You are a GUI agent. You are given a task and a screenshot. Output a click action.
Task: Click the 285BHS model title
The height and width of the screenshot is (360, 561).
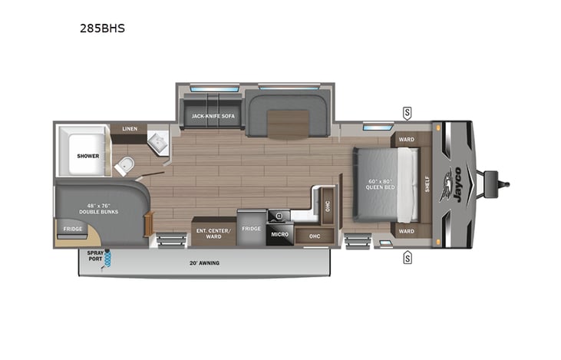[x=102, y=29]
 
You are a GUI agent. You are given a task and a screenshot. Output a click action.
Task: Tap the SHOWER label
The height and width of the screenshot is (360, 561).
[x=87, y=156]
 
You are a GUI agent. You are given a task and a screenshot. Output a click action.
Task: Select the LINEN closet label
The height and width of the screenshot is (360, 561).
[x=130, y=128]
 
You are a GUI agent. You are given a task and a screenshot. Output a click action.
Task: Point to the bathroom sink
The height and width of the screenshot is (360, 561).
[x=159, y=141]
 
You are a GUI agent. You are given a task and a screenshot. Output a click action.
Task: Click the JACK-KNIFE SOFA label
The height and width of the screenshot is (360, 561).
[x=213, y=116]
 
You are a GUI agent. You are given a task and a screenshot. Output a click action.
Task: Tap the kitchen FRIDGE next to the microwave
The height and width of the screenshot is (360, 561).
[x=251, y=228]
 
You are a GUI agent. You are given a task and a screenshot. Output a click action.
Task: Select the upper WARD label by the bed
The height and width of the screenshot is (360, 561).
[x=406, y=140]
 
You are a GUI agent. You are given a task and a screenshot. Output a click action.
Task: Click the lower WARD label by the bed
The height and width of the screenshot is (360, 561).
[x=406, y=231]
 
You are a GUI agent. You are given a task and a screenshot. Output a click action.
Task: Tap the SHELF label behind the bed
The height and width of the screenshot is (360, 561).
[x=427, y=184]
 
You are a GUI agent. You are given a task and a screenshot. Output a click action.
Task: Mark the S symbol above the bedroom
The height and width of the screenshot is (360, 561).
[x=407, y=114]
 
